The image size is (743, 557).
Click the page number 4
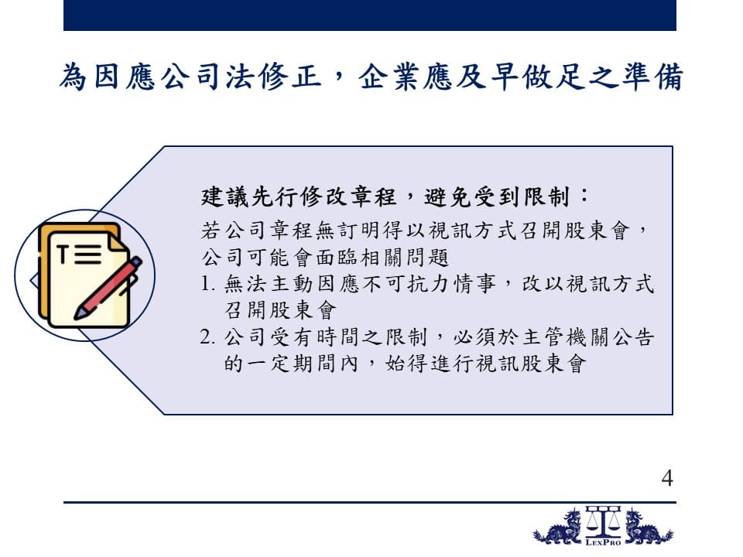coord(667,478)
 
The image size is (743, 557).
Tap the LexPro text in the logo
coord(603,542)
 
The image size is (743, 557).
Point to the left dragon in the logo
coord(558,527)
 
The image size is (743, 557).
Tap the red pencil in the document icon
coord(108,288)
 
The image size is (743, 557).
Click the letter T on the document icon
coord(63,254)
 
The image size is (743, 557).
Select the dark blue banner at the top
coord(370,15)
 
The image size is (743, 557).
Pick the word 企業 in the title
coord(389,77)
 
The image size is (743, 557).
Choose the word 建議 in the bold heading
coord(225,196)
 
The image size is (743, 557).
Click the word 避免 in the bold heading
coord(448,196)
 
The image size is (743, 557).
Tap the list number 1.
coord(207,284)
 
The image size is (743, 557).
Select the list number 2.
coord(207,337)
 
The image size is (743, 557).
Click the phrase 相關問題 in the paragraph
coord(406,258)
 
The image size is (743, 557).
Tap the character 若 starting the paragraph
coord(211,231)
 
